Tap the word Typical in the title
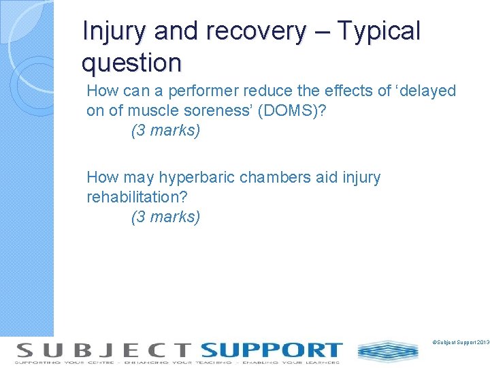click(x=379, y=31)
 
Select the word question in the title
click(x=131, y=63)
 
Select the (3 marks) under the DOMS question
click(x=165, y=130)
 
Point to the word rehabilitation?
click(x=137, y=197)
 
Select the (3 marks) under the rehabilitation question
click(x=165, y=217)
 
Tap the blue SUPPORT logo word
click(x=272, y=350)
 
